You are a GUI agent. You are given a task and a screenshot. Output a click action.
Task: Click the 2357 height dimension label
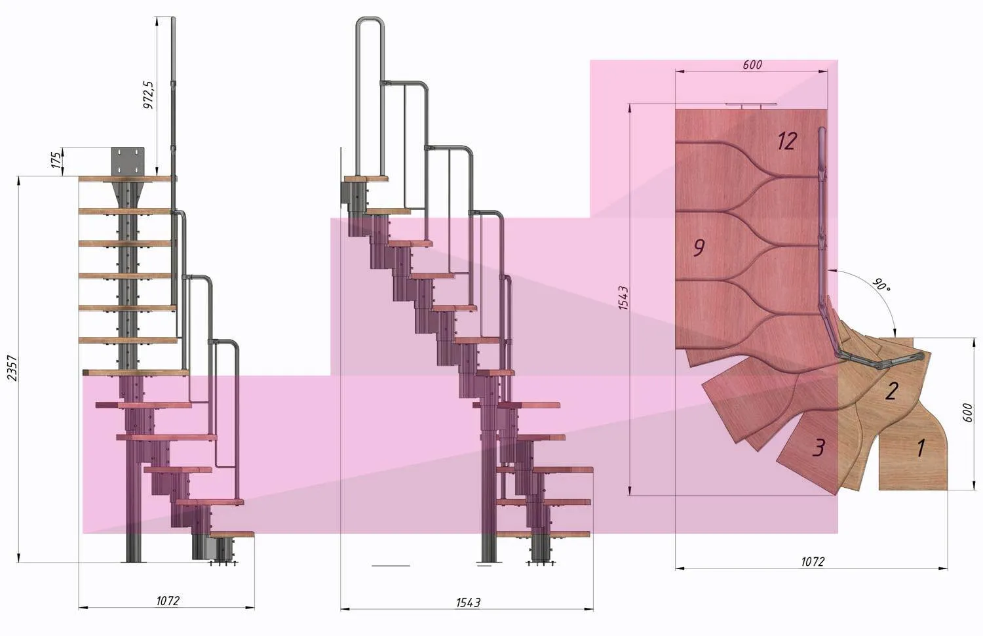tap(12, 368)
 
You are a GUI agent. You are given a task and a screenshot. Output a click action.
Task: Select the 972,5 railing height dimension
tap(149, 95)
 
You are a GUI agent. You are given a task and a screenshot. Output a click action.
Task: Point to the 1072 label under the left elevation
tap(168, 601)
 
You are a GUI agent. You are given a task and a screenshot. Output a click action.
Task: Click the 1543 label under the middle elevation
tap(468, 603)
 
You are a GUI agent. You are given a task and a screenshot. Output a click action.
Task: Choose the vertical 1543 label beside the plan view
tap(623, 298)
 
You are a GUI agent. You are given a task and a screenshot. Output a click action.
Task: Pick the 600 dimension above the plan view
tap(752, 64)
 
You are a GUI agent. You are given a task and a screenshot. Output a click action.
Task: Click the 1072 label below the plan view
tap(813, 561)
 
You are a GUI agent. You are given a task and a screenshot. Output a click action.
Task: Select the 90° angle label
tap(881, 285)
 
